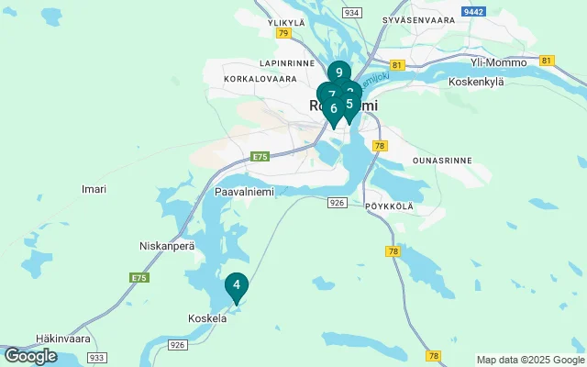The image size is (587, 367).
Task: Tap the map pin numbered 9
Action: coord(339,73)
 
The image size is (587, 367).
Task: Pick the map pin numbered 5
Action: coord(349,105)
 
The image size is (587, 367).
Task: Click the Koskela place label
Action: coord(206,318)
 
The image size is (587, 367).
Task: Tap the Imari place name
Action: coord(94,189)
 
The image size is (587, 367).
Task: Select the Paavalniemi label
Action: coord(239,193)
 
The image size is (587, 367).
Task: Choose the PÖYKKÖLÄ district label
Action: coord(389,206)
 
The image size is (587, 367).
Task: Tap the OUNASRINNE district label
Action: coord(442,160)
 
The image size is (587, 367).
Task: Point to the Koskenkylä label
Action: coord(476,81)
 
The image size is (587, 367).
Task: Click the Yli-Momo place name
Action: coord(498,62)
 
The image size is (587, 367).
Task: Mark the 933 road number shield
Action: coord(98,356)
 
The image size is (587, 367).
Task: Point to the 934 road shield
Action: coord(350,13)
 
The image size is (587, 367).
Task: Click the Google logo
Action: coord(30,356)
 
